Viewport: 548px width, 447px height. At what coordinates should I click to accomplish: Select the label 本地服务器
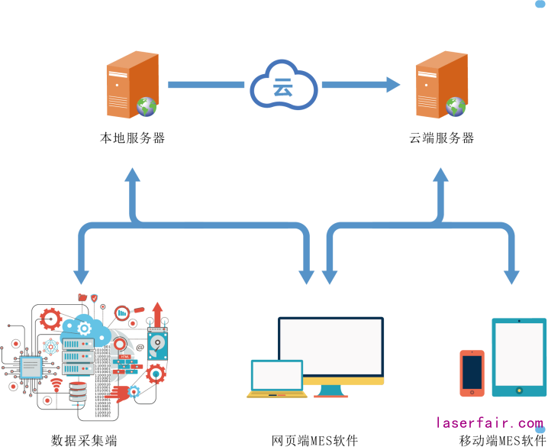coord(133,138)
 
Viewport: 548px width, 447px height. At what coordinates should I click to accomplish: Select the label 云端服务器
coord(442,138)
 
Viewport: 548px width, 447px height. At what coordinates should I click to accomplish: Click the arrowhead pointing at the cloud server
coord(392,85)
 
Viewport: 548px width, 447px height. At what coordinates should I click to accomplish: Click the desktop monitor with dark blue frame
coord(330,351)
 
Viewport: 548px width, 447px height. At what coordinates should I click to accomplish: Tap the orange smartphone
coord(472,372)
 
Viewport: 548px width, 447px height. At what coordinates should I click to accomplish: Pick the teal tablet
coord(519,357)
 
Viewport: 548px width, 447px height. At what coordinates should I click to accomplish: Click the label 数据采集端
coord(84,440)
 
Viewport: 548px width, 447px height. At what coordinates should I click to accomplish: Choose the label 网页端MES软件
coord(314,440)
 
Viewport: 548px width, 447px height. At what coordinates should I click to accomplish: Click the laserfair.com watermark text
coord(489,422)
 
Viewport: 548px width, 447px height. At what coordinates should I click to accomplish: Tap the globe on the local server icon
coord(147,106)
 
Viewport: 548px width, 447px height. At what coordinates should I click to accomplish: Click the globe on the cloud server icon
coord(456,106)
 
